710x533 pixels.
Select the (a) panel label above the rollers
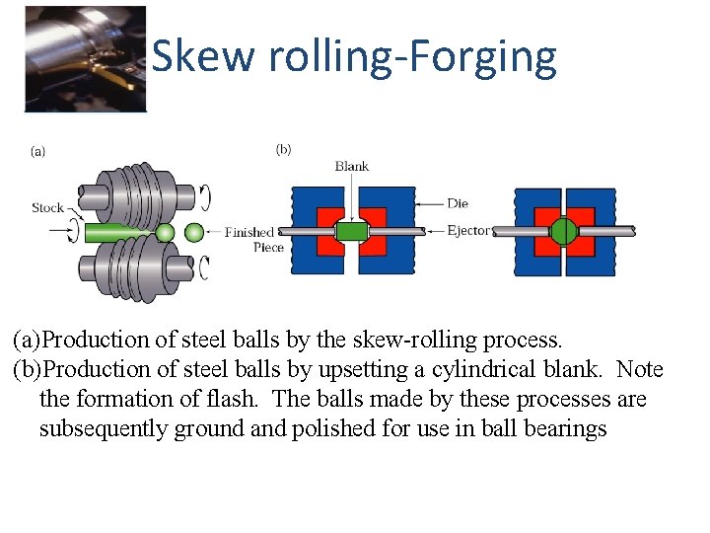click(x=38, y=151)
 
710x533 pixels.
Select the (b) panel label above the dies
click(x=283, y=150)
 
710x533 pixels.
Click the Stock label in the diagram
click(x=47, y=207)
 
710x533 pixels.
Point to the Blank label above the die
click(x=352, y=166)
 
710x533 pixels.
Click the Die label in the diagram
click(x=458, y=203)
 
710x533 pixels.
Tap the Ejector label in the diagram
click(x=467, y=230)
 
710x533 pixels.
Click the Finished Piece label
click(x=250, y=240)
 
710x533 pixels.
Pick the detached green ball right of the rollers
click(x=194, y=233)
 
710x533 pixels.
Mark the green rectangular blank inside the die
click(x=351, y=232)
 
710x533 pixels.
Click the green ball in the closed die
click(x=564, y=231)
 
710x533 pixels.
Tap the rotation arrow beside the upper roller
click(x=204, y=196)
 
